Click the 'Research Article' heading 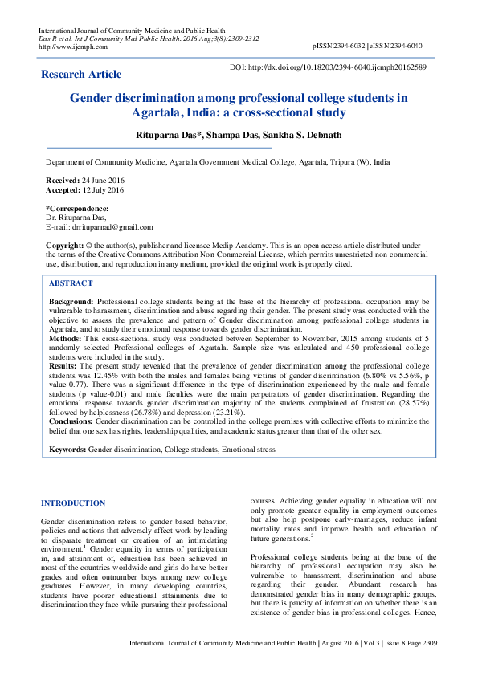pyautogui.click(x=81, y=75)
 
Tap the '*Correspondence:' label pyautogui.click(x=76, y=208)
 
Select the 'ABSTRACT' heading pyautogui.click(x=71, y=283)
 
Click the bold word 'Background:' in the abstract pyautogui.click(x=72, y=299)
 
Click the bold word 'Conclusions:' pyautogui.click(x=71, y=421)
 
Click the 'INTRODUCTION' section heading pyautogui.click(x=73, y=503)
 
